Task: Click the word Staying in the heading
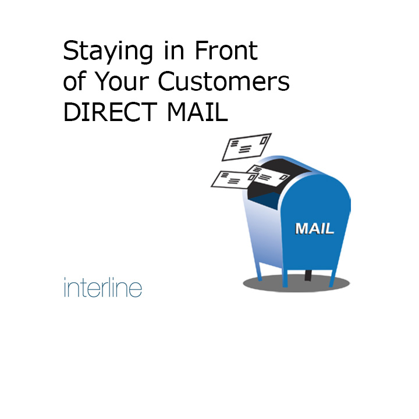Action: coord(108,52)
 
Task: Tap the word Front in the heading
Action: coord(226,50)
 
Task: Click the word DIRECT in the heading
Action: coord(110,112)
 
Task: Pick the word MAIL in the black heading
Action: coord(197,112)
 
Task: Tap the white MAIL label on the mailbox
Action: coord(314,229)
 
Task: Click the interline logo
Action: coord(103,287)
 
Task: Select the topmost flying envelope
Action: coord(247,147)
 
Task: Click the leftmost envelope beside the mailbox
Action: coord(235,180)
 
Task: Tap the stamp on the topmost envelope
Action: coord(264,140)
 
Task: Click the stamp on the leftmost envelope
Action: coord(251,177)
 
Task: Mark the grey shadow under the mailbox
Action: coord(296,283)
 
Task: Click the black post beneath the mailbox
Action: coord(308,275)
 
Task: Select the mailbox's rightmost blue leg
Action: coord(333,278)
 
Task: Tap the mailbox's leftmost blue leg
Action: coord(258,272)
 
